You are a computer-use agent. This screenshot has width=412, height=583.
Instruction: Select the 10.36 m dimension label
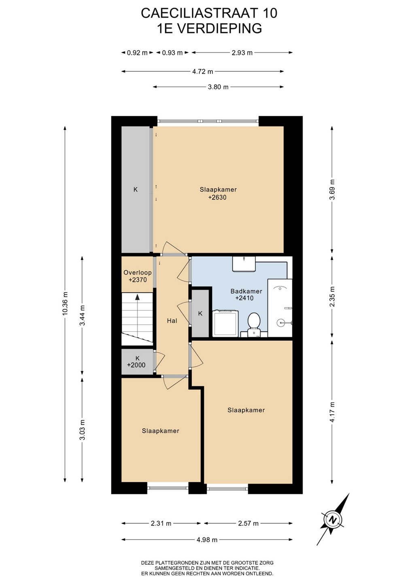tap(65, 303)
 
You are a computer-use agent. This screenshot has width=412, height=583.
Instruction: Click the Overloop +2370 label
tap(138, 276)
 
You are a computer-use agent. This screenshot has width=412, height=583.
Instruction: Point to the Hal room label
tap(172, 321)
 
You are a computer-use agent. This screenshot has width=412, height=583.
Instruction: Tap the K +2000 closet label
tap(136, 362)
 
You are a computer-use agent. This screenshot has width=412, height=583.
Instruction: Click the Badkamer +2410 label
tap(246, 294)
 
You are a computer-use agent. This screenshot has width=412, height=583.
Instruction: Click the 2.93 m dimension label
tap(242, 53)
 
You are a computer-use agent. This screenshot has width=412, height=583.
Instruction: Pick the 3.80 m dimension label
tap(218, 87)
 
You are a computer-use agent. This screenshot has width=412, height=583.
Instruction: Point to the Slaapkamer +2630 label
tap(218, 194)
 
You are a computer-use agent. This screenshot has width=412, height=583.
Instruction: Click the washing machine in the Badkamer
tap(225, 323)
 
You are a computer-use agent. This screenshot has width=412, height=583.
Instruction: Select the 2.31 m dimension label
tap(161, 523)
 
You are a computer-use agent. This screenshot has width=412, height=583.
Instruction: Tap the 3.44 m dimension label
tap(82, 315)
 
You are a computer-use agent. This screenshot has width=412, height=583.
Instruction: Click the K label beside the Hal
tap(200, 313)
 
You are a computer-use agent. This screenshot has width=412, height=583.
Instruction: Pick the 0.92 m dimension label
tap(137, 53)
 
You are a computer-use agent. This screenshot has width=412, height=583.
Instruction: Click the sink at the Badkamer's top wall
tap(244, 264)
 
